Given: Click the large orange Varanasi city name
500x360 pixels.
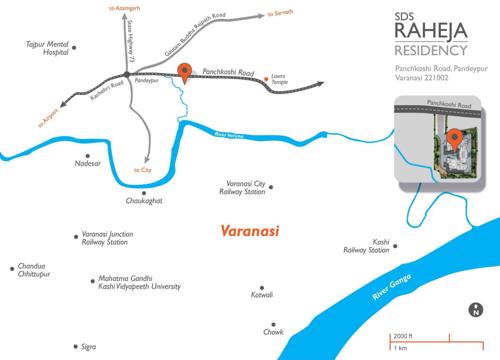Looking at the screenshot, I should (x=249, y=231).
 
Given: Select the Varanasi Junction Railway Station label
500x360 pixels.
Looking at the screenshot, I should (x=107, y=241).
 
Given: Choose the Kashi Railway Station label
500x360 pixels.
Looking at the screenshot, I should (x=379, y=246).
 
